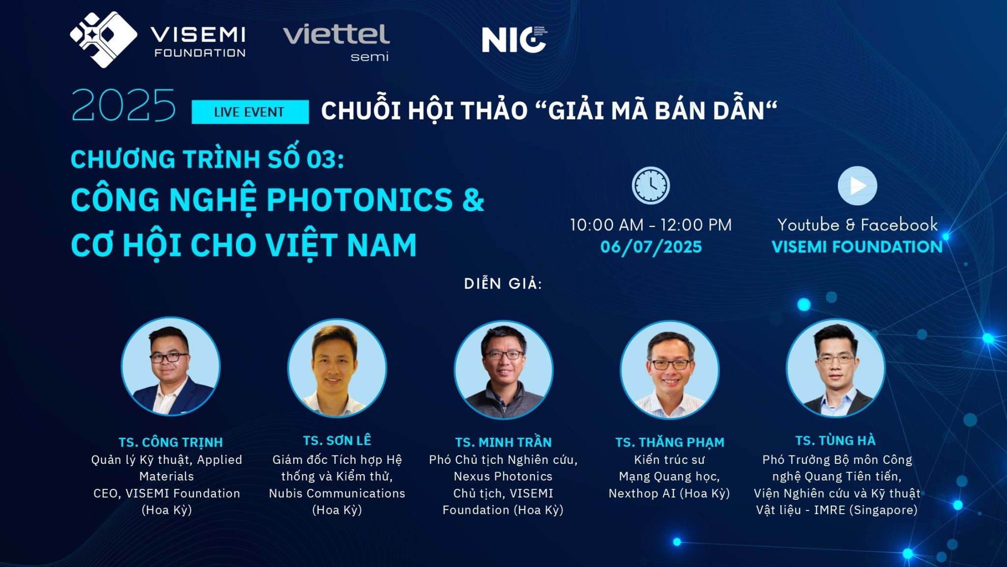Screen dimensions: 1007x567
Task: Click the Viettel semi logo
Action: (x=336, y=42)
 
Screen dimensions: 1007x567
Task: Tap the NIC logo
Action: (x=514, y=39)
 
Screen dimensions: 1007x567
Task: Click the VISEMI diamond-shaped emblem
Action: (x=103, y=39)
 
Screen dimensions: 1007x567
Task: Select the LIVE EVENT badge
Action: (x=250, y=112)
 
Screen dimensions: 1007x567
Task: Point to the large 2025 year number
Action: (x=123, y=106)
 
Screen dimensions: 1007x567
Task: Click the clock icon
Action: (x=651, y=185)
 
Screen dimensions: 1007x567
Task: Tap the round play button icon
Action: (x=857, y=186)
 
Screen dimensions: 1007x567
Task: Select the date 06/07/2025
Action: (x=651, y=247)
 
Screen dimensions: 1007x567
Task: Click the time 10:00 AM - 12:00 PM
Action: (x=651, y=225)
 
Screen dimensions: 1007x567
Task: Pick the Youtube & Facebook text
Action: (x=858, y=225)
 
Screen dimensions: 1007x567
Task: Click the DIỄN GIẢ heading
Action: (x=503, y=283)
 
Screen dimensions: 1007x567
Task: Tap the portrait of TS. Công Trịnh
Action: (x=170, y=366)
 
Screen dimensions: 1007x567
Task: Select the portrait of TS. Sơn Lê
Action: (x=337, y=368)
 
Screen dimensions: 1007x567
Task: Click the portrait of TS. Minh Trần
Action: (x=503, y=369)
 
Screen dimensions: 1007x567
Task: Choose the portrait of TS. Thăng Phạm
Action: (x=670, y=370)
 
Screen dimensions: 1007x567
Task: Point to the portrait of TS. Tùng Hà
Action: (x=835, y=368)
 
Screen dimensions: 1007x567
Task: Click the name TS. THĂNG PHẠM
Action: (x=670, y=442)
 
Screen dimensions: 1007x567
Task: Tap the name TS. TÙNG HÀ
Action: (x=835, y=440)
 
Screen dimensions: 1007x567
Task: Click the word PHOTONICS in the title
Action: (x=359, y=200)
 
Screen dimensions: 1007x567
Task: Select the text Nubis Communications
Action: (x=337, y=493)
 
